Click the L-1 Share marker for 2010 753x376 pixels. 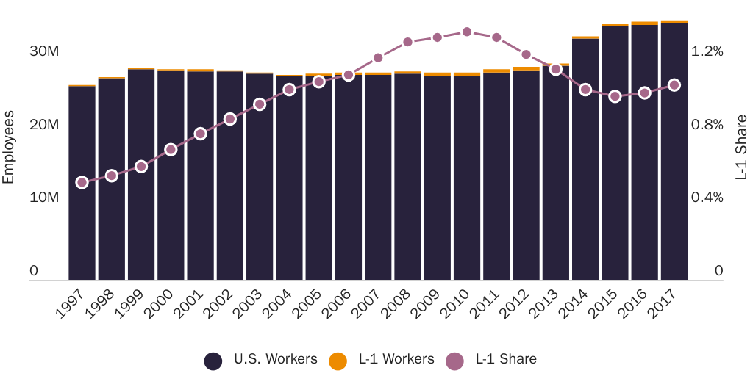coord(467,32)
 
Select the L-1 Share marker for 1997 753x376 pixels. coord(82,182)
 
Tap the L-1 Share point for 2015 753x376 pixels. coord(615,96)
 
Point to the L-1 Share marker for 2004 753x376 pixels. coord(289,90)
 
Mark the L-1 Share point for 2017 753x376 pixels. coord(674,85)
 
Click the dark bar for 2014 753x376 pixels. coord(585,158)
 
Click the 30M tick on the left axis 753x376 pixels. coord(44,51)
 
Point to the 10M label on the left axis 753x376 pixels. coord(44,198)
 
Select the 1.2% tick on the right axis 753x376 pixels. coord(707,51)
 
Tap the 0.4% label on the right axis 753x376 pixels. coord(707,198)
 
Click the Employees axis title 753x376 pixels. coord(9,147)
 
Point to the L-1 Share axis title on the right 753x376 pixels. coord(742,147)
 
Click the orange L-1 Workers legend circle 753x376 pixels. coord(338,361)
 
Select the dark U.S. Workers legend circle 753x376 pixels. coord(213,361)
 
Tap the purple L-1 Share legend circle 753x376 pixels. coord(455,361)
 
